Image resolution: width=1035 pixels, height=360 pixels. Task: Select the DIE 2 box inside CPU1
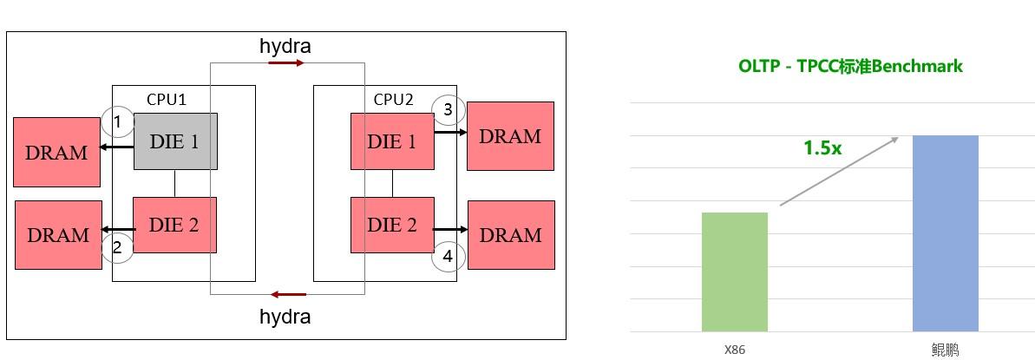click(x=174, y=225)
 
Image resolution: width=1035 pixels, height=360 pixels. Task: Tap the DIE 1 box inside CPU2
click(x=392, y=141)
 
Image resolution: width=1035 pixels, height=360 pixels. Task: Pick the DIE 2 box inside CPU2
click(x=392, y=225)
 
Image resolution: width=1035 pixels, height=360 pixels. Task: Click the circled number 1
click(x=117, y=122)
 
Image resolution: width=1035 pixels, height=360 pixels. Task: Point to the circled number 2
click(x=117, y=247)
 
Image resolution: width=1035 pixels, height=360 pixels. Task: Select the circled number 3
click(x=448, y=109)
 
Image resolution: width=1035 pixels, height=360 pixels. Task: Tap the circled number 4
click(x=448, y=256)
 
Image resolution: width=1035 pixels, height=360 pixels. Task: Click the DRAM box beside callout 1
click(x=56, y=153)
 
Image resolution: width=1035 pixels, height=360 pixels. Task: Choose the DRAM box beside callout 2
click(x=58, y=235)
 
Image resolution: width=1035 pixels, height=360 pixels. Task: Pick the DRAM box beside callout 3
click(x=510, y=136)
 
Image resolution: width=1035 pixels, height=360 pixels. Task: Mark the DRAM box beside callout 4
click(x=511, y=235)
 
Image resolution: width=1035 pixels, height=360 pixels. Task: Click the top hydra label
click(x=285, y=46)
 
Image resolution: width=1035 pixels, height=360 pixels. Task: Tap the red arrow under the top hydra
click(x=286, y=63)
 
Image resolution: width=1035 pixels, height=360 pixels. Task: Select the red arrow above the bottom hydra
click(x=287, y=295)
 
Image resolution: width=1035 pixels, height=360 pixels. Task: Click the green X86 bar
click(x=735, y=272)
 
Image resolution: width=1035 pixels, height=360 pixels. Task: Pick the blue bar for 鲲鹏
click(x=946, y=233)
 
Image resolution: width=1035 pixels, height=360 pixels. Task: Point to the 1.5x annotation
click(x=822, y=148)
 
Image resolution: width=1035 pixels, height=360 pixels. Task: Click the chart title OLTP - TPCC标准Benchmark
click(x=850, y=66)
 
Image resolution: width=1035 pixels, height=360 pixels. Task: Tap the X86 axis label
click(x=735, y=350)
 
